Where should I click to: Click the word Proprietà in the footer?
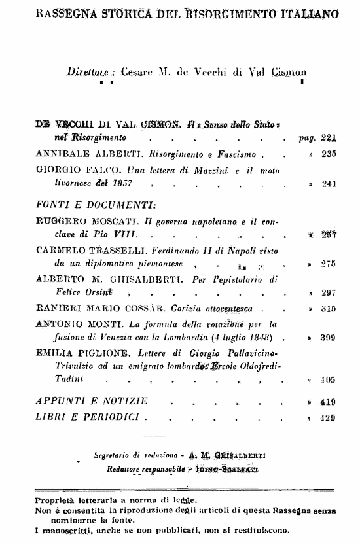coord(57,500)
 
